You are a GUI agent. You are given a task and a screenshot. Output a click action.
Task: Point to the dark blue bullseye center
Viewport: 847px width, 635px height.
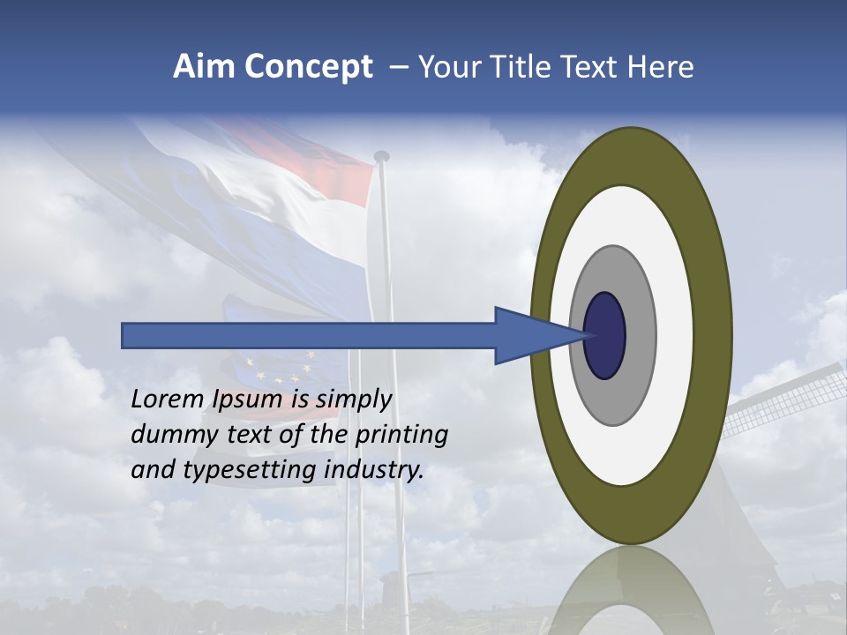pos(606,335)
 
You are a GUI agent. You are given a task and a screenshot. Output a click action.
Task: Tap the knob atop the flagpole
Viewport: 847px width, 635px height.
pos(381,156)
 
